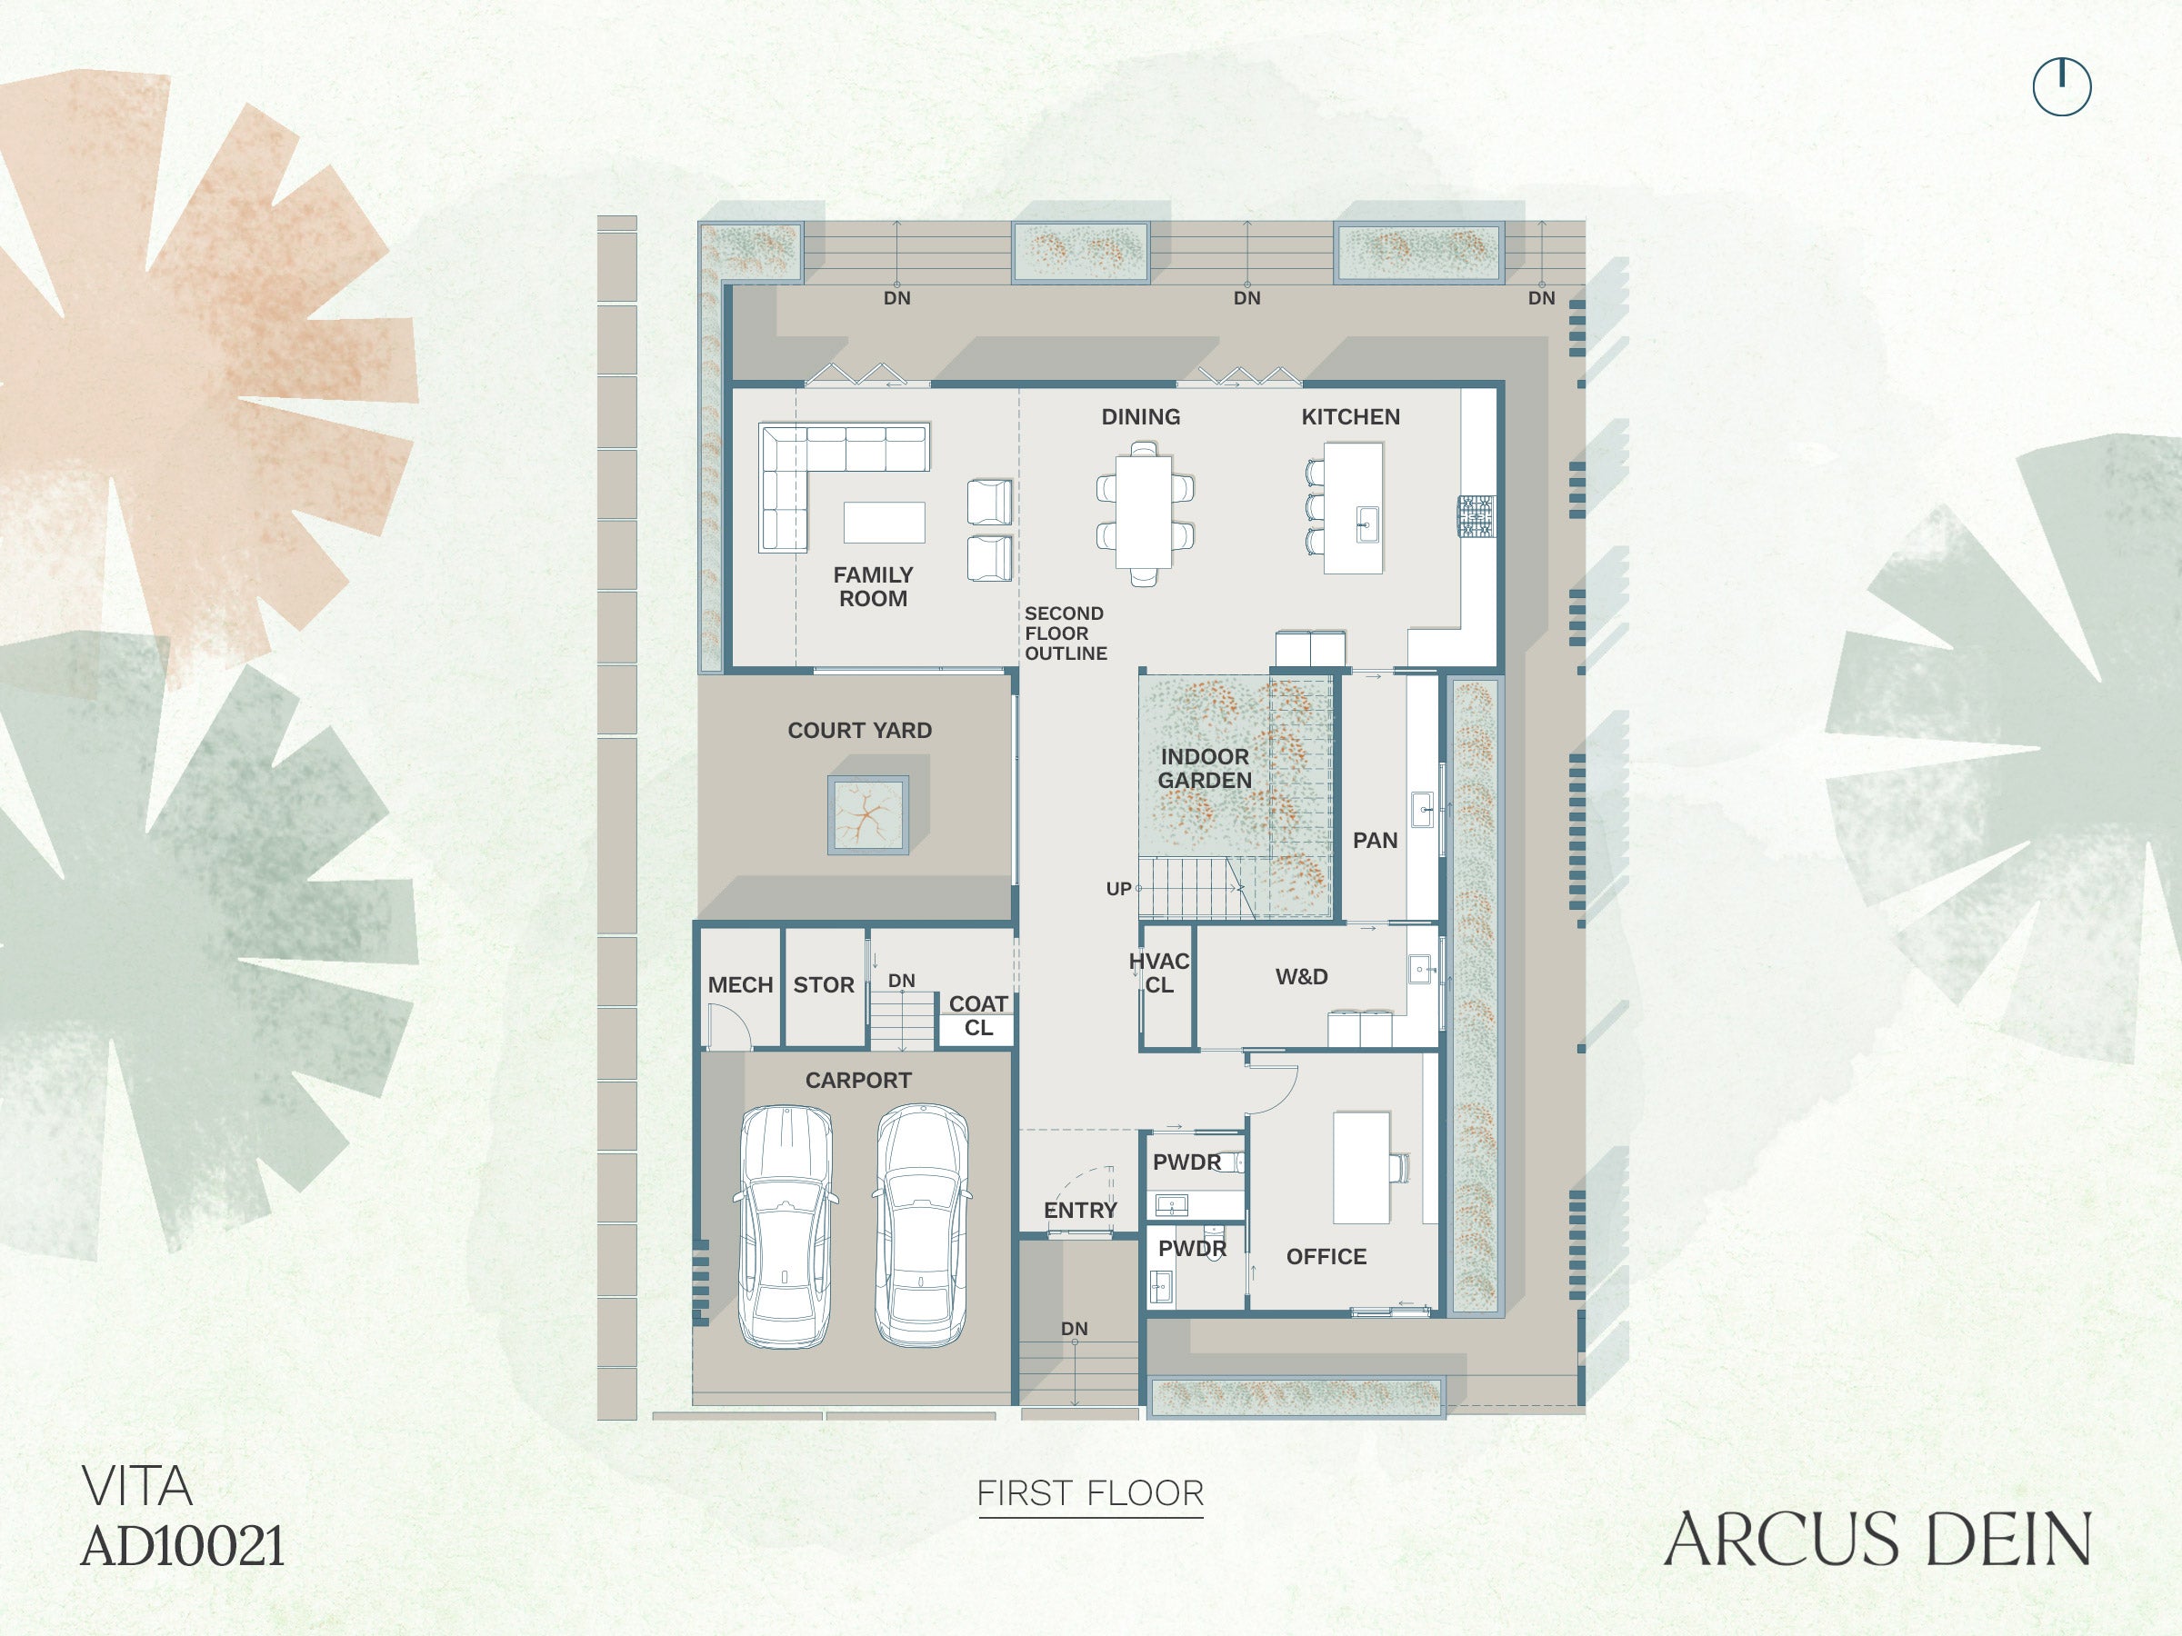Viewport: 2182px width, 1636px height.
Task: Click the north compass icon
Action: (x=2062, y=86)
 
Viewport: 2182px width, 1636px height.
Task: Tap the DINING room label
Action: (x=1140, y=417)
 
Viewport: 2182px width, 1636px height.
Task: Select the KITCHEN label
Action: (x=1350, y=417)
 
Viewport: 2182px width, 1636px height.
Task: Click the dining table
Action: (x=1145, y=512)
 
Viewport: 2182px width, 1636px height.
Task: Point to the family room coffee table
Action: (x=884, y=523)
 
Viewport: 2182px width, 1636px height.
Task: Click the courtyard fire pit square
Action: (x=868, y=815)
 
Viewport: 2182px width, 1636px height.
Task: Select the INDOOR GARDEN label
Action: (x=1205, y=768)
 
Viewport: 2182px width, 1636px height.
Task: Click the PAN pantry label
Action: (x=1375, y=840)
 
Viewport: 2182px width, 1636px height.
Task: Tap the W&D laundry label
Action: (x=1301, y=976)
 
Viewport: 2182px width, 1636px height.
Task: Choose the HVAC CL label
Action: (x=1159, y=973)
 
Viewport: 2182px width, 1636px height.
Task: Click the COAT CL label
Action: (x=978, y=1016)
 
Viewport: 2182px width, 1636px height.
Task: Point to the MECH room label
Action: (x=740, y=985)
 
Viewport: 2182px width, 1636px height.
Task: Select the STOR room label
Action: (x=824, y=985)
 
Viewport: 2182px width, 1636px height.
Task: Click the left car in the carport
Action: (x=786, y=1226)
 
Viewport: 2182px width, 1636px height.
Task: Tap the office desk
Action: (x=1362, y=1168)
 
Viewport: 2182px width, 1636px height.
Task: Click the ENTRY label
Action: (x=1080, y=1210)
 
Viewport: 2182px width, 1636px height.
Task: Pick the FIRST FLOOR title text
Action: (x=1090, y=1493)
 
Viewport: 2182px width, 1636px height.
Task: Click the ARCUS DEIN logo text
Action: (x=1877, y=1540)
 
